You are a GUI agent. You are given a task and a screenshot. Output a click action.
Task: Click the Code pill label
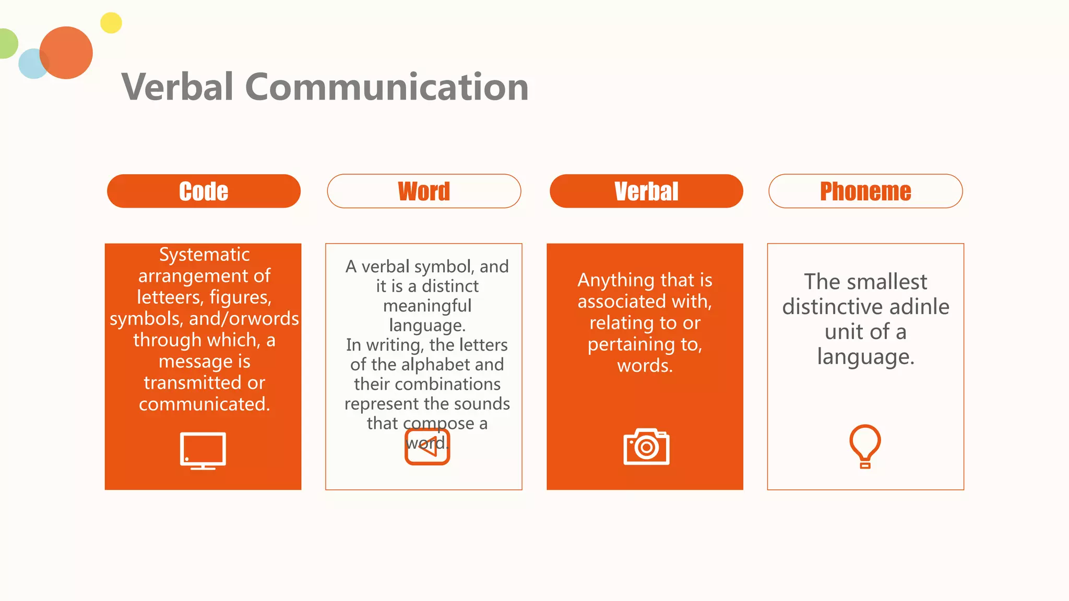204,191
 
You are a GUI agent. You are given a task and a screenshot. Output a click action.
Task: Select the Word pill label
424,191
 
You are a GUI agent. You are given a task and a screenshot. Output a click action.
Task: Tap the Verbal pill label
646,191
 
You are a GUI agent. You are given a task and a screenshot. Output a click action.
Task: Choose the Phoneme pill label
865,191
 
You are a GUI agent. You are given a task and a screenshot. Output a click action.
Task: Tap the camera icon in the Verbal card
646,447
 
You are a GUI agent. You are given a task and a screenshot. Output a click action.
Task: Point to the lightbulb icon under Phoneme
865,446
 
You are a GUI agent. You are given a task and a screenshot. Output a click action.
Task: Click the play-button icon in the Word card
427,447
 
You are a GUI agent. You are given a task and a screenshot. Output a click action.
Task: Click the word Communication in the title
387,87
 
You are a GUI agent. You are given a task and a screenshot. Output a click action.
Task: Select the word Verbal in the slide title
177,87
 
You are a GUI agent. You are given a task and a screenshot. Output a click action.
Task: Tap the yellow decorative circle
111,23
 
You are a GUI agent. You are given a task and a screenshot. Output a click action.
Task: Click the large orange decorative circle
67,53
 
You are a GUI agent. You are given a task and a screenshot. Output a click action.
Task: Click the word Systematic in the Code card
204,255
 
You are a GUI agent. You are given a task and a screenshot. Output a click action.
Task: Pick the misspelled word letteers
170,297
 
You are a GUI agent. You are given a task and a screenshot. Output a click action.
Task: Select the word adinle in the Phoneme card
920,307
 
